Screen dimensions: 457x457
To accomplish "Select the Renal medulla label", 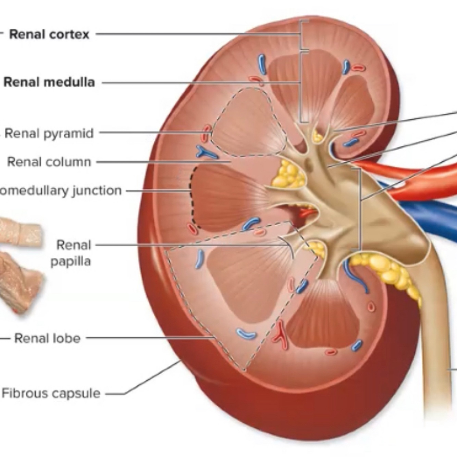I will coord(49,82).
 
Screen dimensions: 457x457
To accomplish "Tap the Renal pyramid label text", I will coord(49,133).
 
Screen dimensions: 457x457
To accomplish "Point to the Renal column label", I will coord(49,162).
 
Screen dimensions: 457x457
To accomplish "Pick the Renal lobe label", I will coord(47,338).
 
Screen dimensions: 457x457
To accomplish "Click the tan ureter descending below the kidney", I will coord(435,343).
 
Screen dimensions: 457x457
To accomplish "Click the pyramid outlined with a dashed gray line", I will coord(248,123).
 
